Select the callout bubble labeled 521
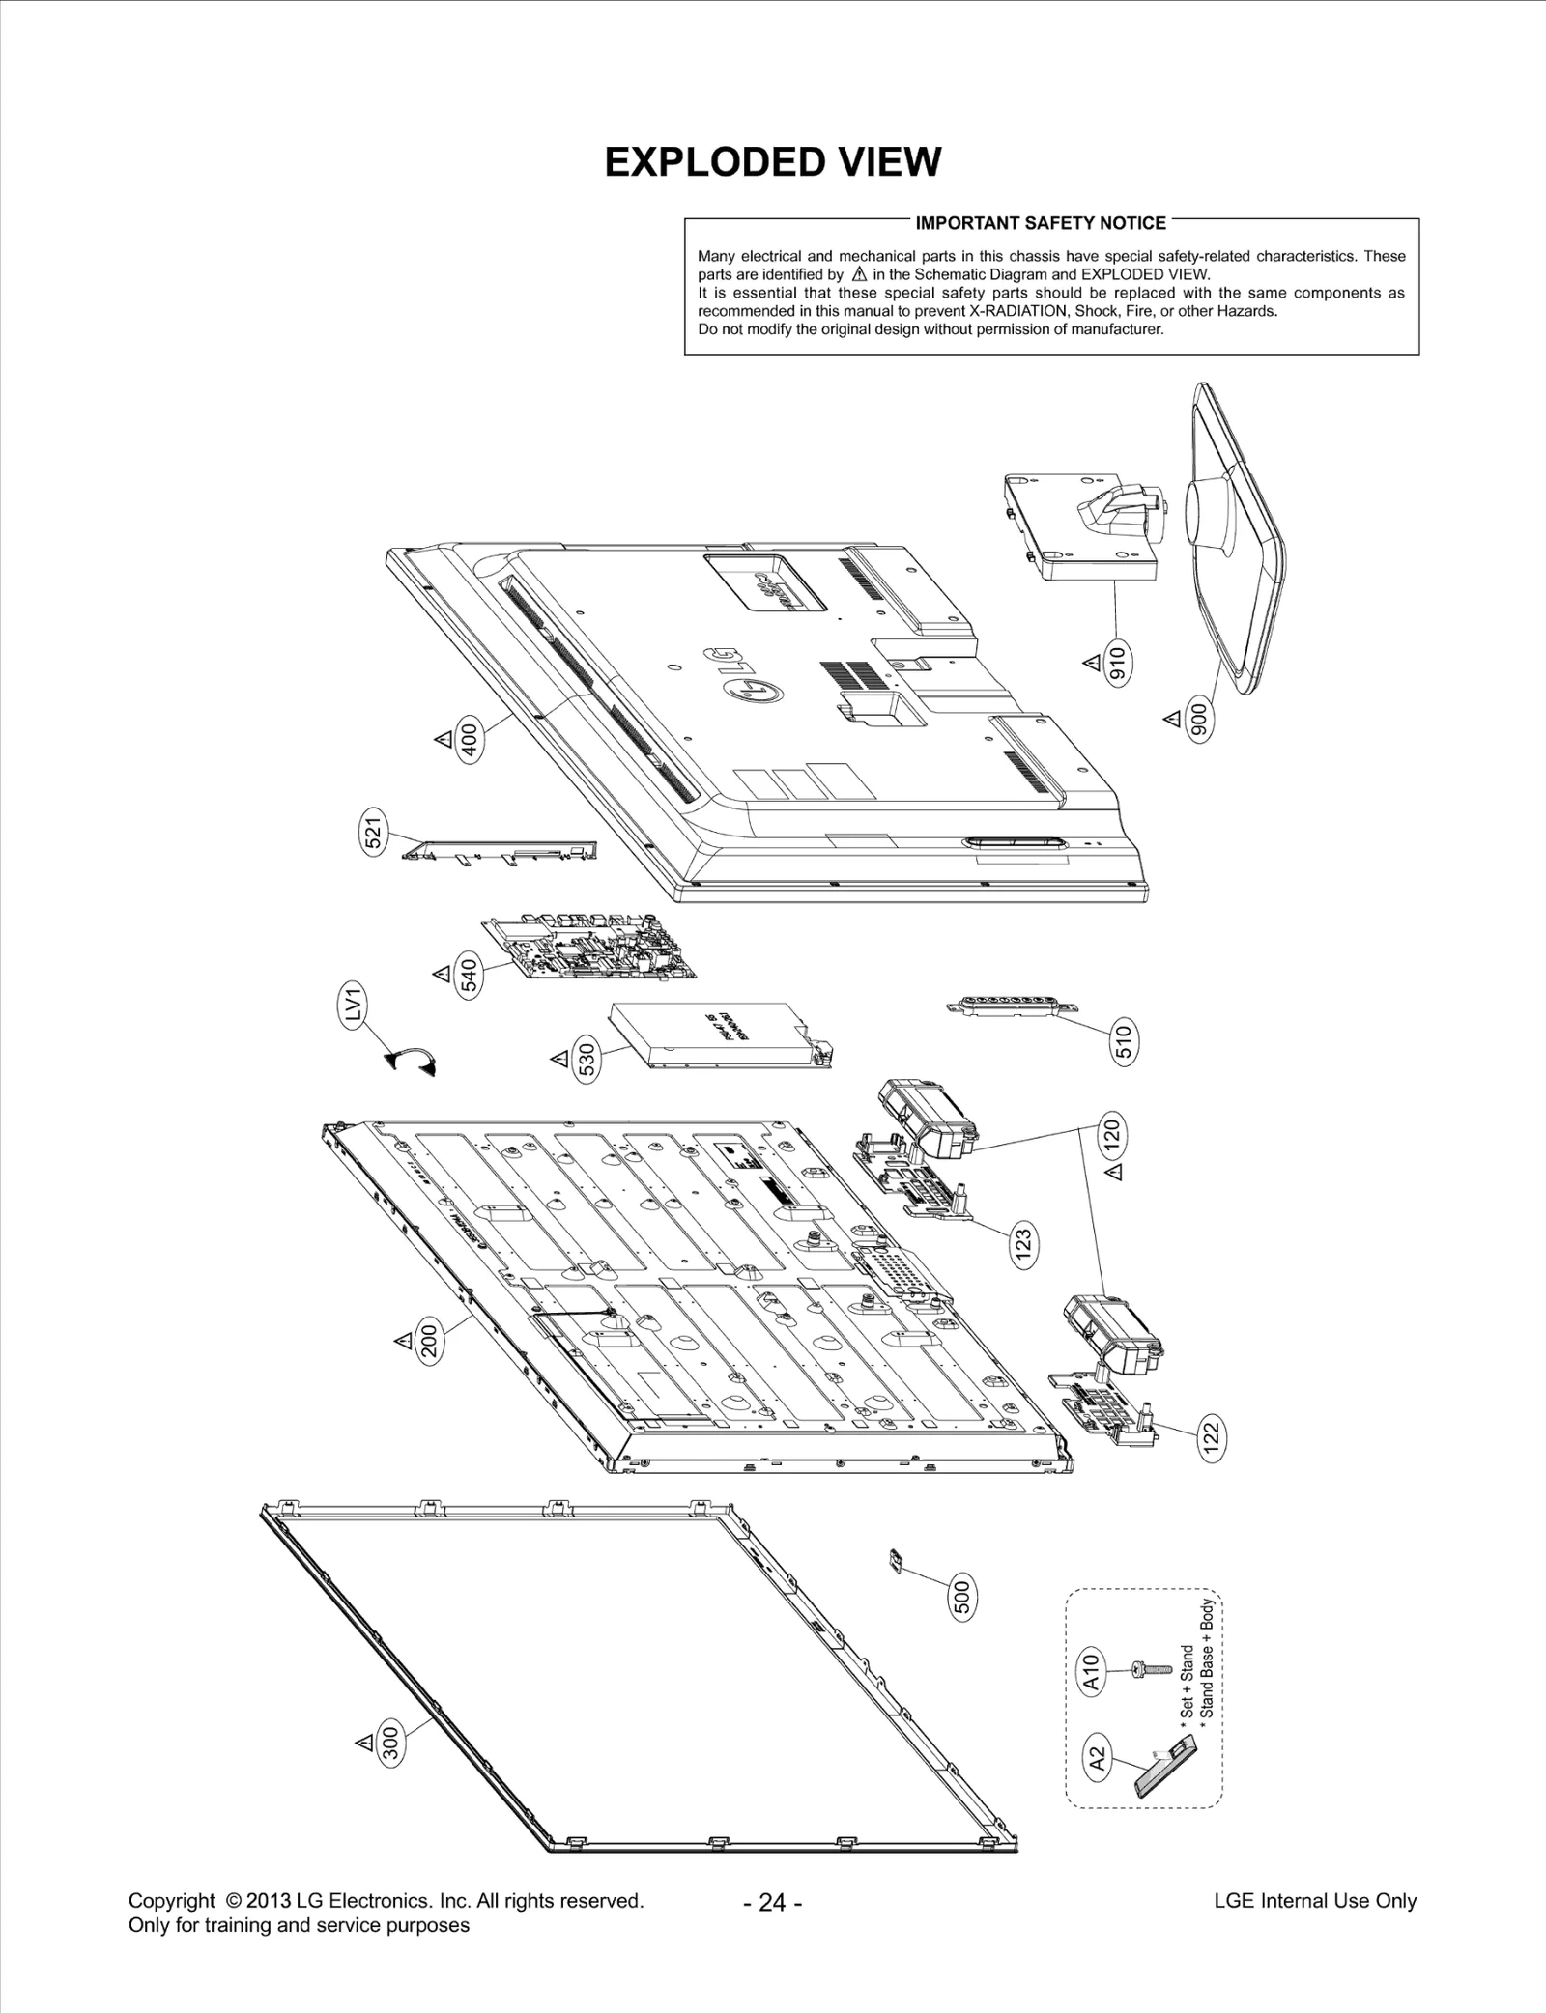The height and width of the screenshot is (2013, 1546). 374,830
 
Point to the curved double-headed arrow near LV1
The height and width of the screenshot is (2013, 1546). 411,1061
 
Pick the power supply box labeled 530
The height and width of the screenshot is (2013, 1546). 720,1036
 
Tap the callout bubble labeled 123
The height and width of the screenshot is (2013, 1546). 1025,1239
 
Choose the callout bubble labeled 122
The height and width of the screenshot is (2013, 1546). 1210,1436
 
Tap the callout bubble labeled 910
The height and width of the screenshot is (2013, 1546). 1118,665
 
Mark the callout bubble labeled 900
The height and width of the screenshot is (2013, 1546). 1199,720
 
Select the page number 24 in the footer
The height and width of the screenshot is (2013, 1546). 772,1902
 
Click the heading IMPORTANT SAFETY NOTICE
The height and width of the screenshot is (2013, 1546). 1040,223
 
